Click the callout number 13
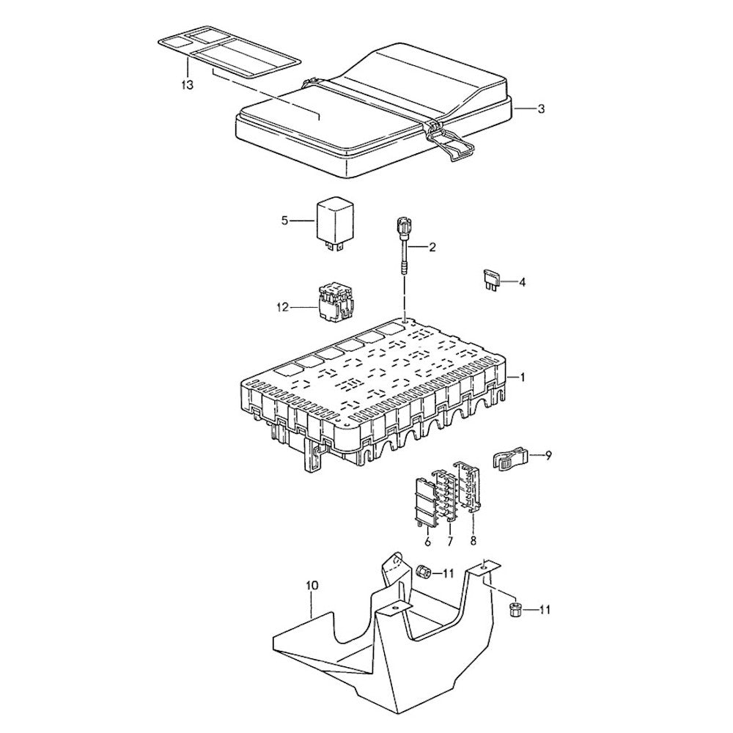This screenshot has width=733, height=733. (x=188, y=85)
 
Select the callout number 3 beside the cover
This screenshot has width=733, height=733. (x=541, y=109)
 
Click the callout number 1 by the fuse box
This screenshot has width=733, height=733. (x=523, y=377)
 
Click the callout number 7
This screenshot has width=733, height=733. (x=450, y=542)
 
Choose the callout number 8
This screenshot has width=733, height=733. (x=474, y=542)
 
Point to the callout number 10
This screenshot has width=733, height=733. (x=312, y=586)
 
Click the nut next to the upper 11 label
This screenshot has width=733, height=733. (x=423, y=572)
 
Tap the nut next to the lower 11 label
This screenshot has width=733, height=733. (x=515, y=608)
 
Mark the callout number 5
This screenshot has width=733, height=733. (x=286, y=220)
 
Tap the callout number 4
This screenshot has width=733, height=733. (x=523, y=281)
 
